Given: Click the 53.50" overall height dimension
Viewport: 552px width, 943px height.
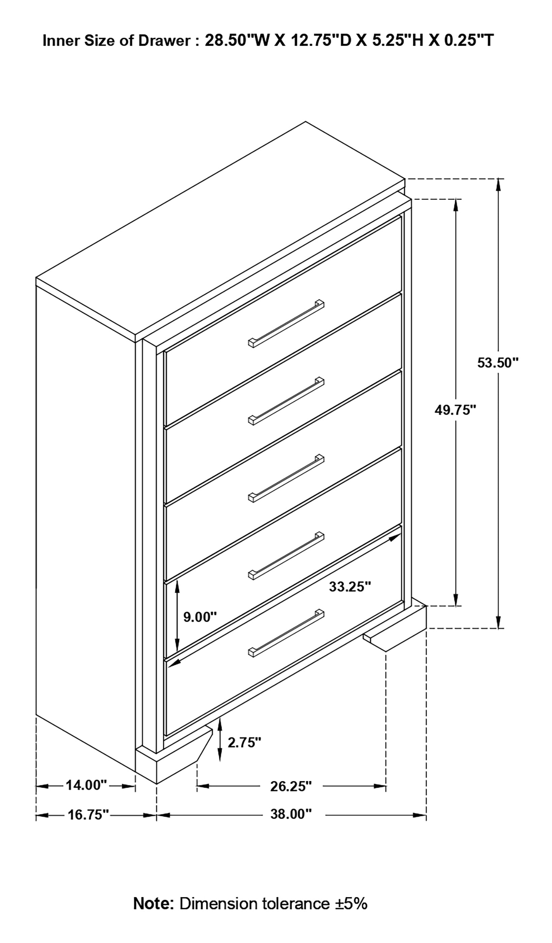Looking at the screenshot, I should pos(498,363).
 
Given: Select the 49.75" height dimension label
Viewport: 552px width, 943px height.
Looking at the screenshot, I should pos(455,410).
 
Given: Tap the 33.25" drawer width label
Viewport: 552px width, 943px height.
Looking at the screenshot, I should pos(350,587).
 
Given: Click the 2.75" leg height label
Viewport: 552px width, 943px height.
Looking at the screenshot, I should pos(244,742).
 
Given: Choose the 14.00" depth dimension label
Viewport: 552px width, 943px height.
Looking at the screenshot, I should pos(86,785).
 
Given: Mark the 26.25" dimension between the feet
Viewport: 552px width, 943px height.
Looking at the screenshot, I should pos(290,786).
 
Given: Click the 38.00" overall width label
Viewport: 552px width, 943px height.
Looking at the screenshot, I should pos(290,814).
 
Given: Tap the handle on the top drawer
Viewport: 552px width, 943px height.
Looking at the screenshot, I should pos(286,324).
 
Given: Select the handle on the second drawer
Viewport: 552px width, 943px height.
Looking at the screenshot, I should pos(286,401).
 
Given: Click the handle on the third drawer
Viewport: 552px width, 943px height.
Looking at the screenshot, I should pos(286,478).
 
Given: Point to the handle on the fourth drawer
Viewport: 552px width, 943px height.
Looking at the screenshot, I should pos(286,556).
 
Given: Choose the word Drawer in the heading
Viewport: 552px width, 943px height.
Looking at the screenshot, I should pos(164,41).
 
